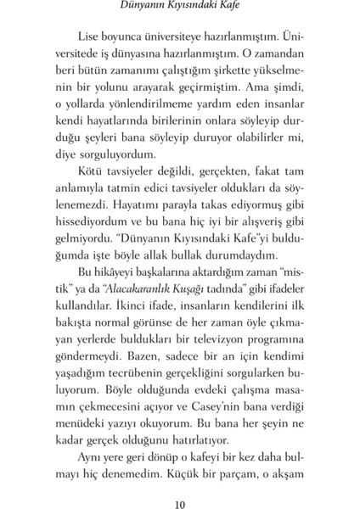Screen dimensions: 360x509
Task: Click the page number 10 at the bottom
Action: [179, 485]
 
